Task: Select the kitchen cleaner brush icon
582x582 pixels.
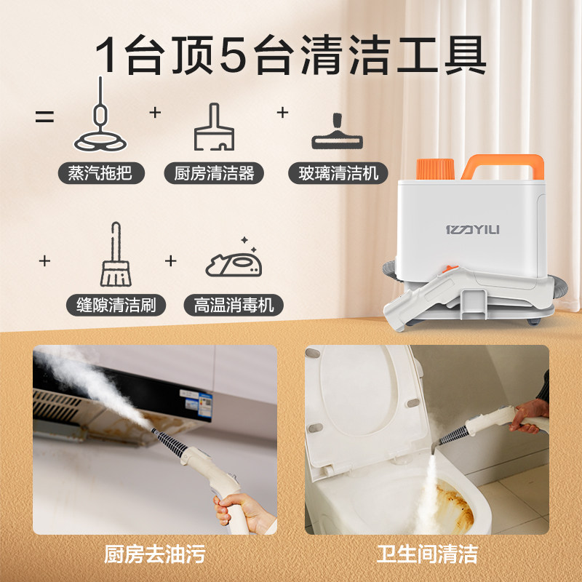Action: point(215,127)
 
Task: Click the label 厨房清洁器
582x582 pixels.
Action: point(215,173)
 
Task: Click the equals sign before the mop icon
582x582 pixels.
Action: point(45,116)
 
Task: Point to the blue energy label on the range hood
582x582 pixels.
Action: point(206,401)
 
